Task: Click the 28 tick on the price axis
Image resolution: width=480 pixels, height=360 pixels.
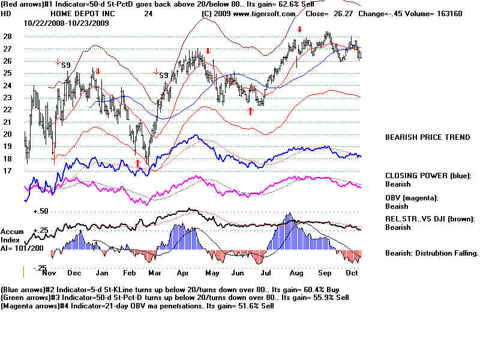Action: [x=7, y=36]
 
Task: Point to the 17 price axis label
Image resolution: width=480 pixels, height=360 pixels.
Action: [x=7, y=171]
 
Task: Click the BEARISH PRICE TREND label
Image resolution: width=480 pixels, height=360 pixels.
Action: [x=427, y=137]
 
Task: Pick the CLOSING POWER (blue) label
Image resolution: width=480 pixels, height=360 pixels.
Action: [x=428, y=176]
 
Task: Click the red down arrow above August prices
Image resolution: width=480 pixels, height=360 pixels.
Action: [x=299, y=29]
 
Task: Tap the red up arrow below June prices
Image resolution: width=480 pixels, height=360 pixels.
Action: [x=250, y=111]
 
